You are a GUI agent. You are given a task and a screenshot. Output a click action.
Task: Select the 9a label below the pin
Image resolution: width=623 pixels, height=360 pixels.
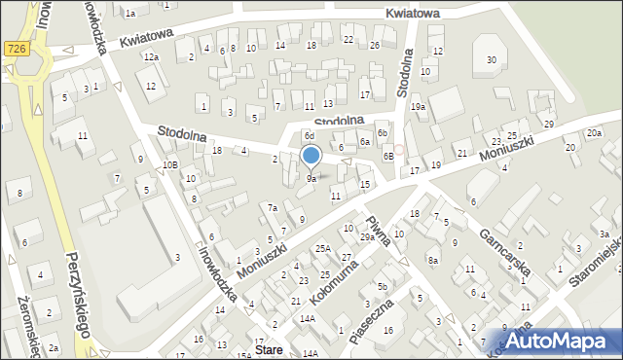point(311,179)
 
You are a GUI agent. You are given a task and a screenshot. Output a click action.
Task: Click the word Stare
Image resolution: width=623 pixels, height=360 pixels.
point(269,347)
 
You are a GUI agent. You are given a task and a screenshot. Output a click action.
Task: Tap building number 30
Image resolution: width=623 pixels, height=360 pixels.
point(492,60)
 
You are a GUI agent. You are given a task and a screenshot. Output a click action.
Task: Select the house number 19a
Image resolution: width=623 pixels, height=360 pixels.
point(418,106)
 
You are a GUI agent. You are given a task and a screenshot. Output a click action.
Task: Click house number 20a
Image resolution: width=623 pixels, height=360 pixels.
point(594,132)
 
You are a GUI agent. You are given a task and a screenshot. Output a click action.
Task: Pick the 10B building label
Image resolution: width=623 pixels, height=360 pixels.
point(170,165)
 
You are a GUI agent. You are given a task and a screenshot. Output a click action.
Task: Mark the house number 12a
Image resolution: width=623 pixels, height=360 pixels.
point(151,57)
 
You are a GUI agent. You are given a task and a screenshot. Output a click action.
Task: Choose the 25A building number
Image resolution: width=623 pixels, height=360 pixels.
point(323,248)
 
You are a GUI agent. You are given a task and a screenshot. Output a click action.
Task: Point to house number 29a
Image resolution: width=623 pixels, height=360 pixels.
point(367,236)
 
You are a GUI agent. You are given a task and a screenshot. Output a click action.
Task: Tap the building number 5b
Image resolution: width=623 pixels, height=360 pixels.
point(384,287)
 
